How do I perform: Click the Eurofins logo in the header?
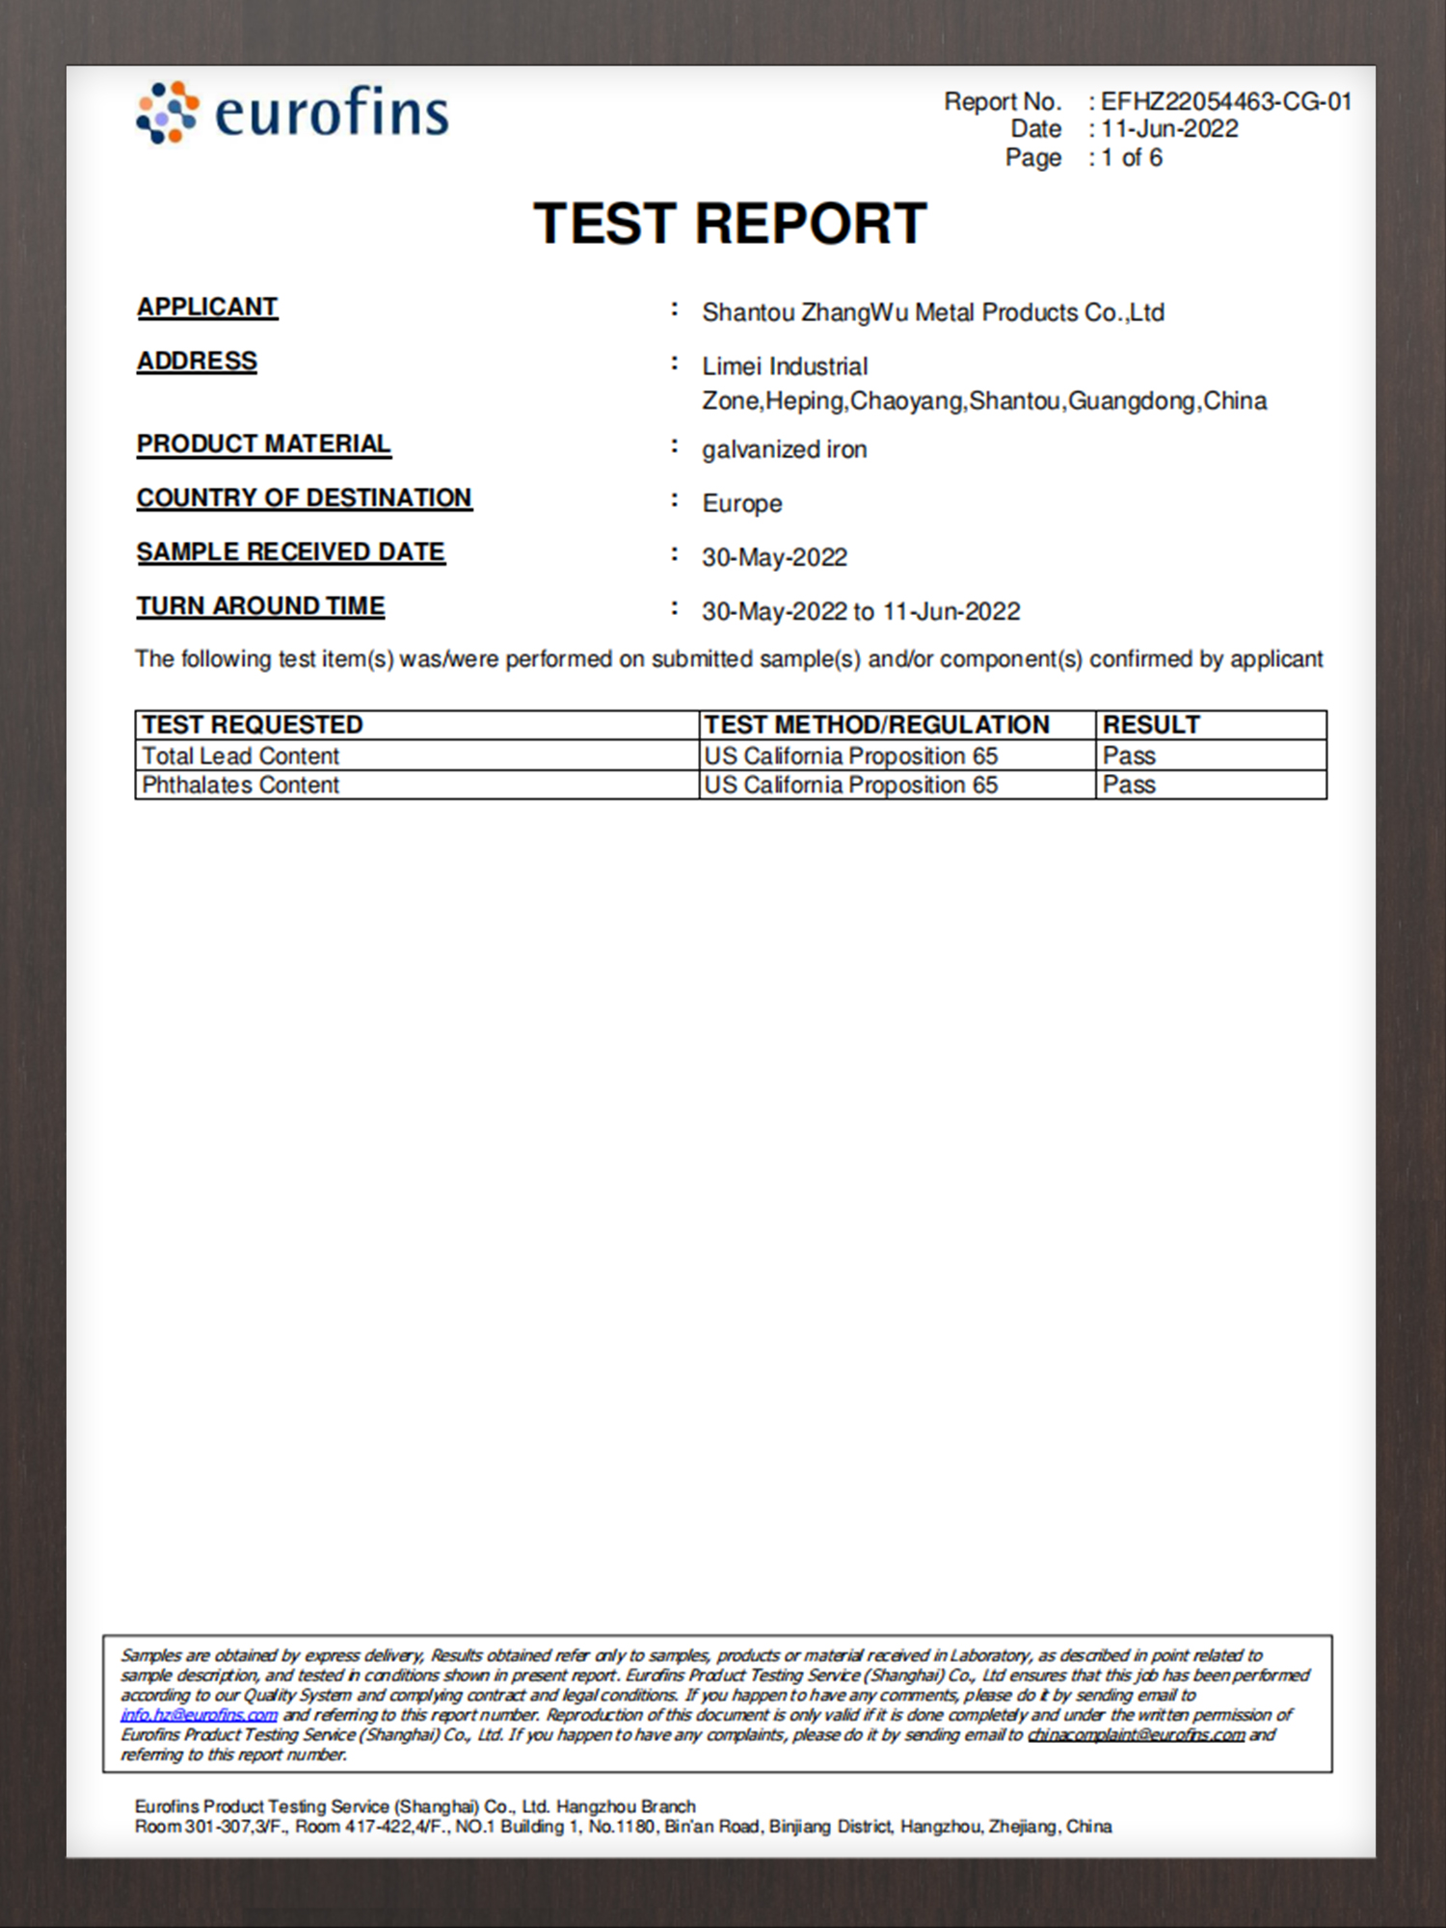(293, 113)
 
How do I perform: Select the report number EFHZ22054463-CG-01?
(1226, 101)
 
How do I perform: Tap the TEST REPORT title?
(730, 224)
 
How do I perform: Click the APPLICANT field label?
(207, 307)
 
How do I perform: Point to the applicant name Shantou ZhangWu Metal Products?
(932, 312)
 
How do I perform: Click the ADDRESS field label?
(197, 361)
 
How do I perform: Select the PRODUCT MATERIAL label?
(263, 443)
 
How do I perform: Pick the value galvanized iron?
(784, 449)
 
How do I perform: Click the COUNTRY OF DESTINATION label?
(304, 497)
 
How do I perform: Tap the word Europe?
(741, 503)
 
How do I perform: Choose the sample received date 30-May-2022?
(774, 557)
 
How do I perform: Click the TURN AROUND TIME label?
(260, 605)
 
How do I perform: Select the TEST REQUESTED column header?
(253, 724)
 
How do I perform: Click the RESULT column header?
(1151, 724)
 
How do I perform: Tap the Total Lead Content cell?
(241, 756)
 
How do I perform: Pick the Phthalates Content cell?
(241, 785)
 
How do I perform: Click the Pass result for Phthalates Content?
(1129, 785)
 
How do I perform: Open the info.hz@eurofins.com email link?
(199, 1715)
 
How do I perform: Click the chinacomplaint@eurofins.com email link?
(1136, 1734)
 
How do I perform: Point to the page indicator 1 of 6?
(1132, 157)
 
